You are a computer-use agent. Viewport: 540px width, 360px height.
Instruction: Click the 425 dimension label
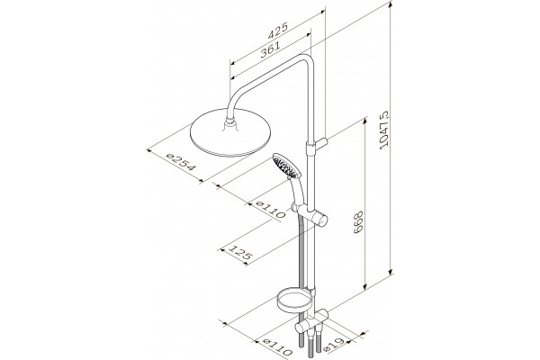point(277,31)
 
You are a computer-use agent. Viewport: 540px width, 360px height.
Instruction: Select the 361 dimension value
point(270,49)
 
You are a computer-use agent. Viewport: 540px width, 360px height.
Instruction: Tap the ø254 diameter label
point(181,162)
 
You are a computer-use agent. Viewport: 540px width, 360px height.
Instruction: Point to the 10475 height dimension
point(383,130)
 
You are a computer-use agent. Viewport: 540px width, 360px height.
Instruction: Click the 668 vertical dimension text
point(358,222)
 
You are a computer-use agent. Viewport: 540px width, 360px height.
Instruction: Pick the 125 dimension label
point(241,253)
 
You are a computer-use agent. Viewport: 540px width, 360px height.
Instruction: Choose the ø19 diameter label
point(334,344)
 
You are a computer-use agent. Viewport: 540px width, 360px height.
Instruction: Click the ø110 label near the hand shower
point(271,209)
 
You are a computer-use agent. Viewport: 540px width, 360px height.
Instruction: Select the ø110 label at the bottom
point(277,346)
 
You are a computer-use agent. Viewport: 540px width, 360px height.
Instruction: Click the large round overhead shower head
point(230,132)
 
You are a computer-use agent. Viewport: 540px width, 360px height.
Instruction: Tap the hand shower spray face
point(286,166)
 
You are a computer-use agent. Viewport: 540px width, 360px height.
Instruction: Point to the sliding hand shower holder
point(310,214)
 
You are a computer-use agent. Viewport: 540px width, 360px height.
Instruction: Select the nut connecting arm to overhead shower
point(229,121)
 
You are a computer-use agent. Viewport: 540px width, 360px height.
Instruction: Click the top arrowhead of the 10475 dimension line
point(391,4)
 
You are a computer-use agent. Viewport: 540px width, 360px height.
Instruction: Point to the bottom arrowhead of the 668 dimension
point(365,285)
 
